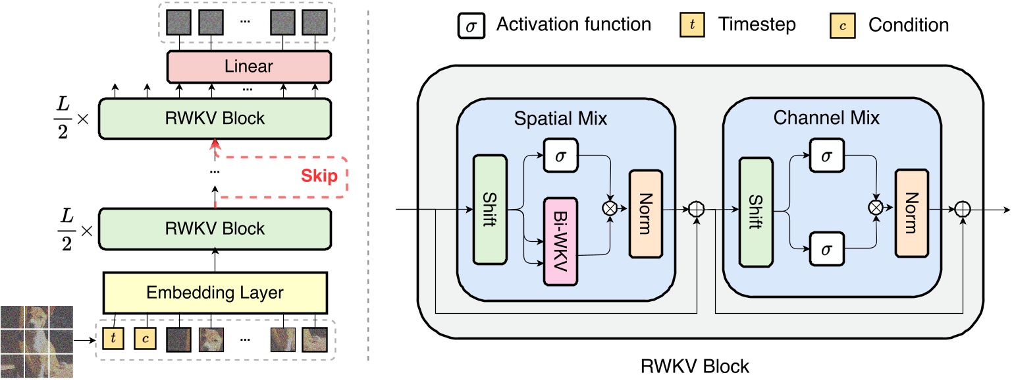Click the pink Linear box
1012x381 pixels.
(x=249, y=67)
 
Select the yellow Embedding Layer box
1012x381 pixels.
(x=215, y=292)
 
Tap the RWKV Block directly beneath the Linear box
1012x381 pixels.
(x=215, y=118)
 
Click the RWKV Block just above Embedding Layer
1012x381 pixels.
(x=215, y=228)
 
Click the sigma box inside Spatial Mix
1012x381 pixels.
(x=560, y=156)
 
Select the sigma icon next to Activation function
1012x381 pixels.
(x=471, y=26)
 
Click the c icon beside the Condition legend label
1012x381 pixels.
(x=843, y=26)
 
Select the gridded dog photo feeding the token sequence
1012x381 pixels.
(x=36, y=341)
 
